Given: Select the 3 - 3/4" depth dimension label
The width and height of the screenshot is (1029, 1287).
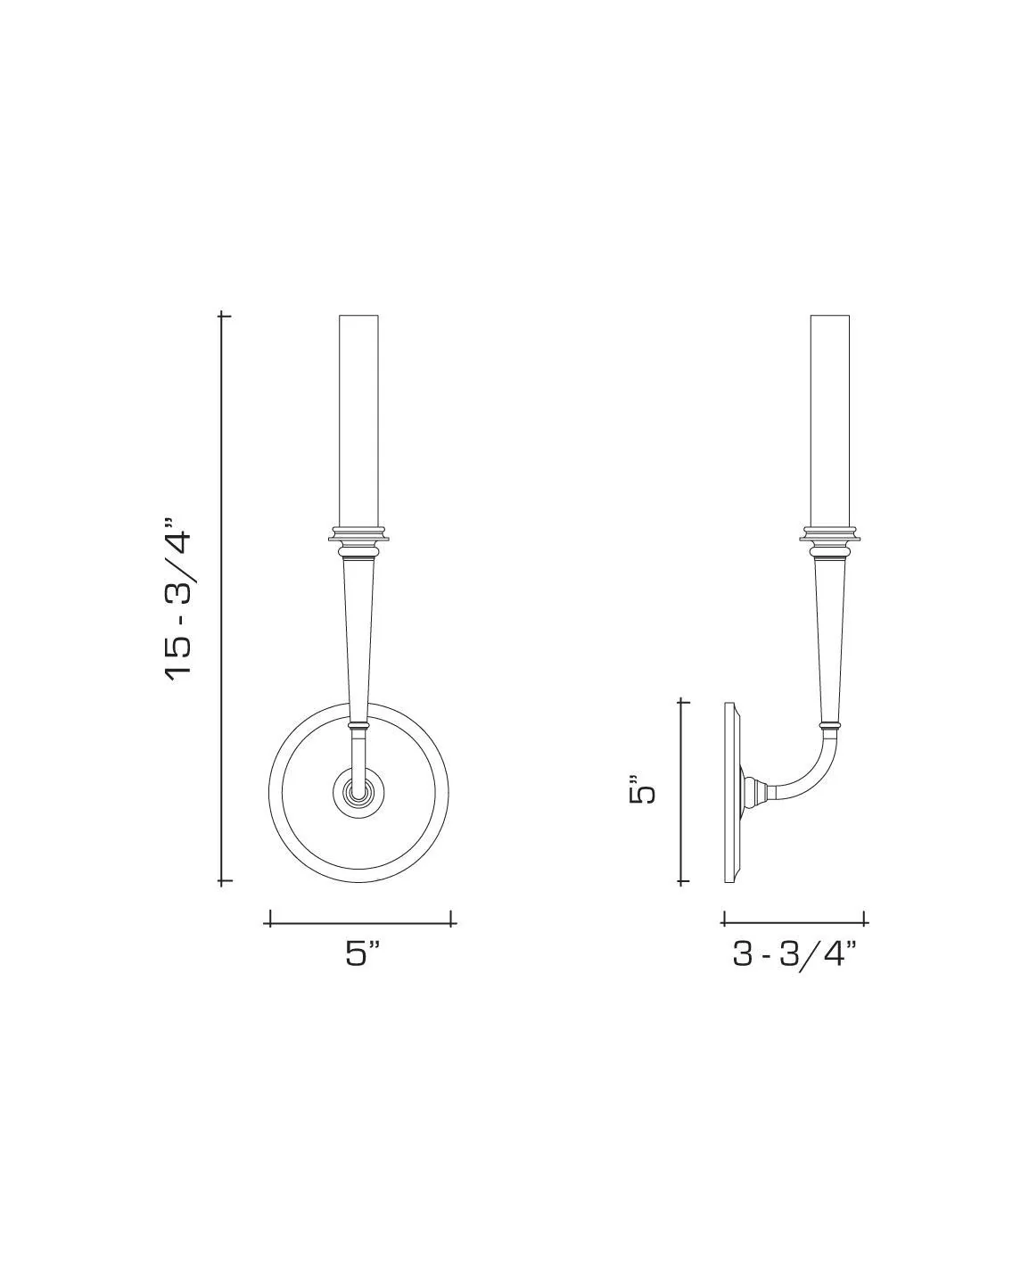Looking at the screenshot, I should [794, 953].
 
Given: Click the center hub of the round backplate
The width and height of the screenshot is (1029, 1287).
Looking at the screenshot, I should [359, 791].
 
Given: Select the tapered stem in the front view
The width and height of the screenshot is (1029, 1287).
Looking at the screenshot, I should [359, 633].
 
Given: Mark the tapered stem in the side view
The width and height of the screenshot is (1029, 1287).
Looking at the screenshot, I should [829, 633].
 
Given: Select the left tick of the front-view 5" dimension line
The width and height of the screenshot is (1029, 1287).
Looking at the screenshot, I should [269, 919].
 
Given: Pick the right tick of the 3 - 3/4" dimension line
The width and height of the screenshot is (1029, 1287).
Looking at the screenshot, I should [865, 919].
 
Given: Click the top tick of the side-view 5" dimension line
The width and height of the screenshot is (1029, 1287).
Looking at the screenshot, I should [684, 702].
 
